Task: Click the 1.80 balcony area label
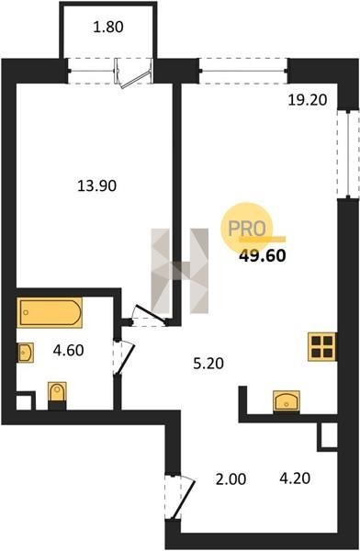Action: click(x=108, y=27)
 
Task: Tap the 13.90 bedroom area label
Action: click(x=96, y=186)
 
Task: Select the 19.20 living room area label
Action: click(x=308, y=100)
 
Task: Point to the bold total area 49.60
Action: click(x=263, y=255)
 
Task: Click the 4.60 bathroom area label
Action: click(x=68, y=350)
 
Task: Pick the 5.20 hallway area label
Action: click(x=208, y=364)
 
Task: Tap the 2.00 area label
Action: click(x=231, y=479)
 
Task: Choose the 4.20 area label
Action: click(x=295, y=478)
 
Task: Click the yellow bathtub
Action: click(x=50, y=312)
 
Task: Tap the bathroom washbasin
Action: click(x=26, y=353)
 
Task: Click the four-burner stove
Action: click(x=322, y=346)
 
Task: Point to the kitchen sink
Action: click(x=287, y=401)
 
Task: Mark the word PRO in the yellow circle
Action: click(x=246, y=229)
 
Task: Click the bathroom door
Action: click(x=124, y=357)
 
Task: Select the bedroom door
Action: click(x=149, y=315)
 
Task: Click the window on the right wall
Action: click(x=348, y=154)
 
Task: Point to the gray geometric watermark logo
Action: click(x=180, y=271)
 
